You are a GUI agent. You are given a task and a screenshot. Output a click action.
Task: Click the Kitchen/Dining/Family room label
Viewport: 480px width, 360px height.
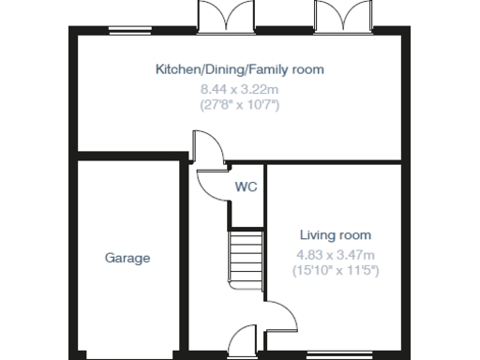(239, 69)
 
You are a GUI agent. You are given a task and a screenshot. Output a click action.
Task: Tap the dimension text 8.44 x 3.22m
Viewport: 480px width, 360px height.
(240, 88)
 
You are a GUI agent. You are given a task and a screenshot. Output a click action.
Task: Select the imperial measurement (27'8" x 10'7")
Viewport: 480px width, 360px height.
(240, 105)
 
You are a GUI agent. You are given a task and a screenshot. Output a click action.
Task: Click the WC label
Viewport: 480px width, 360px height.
(246, 187)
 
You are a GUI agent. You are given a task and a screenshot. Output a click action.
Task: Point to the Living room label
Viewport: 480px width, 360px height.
(336, 234)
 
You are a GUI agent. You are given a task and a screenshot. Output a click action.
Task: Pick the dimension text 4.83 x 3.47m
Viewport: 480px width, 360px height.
(336, 254)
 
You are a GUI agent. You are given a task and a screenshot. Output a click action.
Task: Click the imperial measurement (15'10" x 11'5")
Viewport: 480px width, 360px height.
(336, 271)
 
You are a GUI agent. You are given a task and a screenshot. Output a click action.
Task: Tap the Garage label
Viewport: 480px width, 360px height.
(127, 258)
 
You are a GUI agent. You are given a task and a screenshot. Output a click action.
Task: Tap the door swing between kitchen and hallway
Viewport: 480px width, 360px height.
(206, 148)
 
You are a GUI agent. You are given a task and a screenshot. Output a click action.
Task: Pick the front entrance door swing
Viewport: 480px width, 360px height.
(243, 338)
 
